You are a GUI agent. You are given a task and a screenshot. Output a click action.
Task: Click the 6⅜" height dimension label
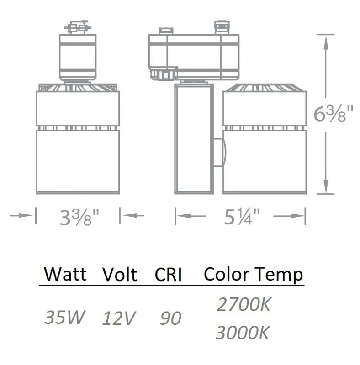pyautogui.click(x=334, y=114)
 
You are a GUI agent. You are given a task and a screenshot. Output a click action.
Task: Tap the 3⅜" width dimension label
pyautogui.click(x=79, y=217)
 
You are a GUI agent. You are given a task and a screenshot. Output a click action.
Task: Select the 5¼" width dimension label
pyautogui.click(x=242, y=216)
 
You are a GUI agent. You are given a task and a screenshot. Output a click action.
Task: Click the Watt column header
pyautogui.click(x=65, y=274)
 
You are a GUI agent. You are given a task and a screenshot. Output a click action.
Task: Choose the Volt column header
pyautogui.click(x=120, y=275)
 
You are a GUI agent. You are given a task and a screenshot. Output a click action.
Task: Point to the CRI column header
pyautogui.click(x=168, y=275)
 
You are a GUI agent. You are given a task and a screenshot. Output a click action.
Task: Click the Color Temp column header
pyautogui.click(x=253, y=275)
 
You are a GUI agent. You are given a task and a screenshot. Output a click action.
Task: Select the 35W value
pyautogui.click(x=64, y=317)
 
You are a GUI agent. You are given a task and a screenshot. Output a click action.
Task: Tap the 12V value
pyautogui.click(x=119, y=318)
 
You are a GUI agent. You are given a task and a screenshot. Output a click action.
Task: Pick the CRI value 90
pyautogui.click(x=171, y=318)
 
